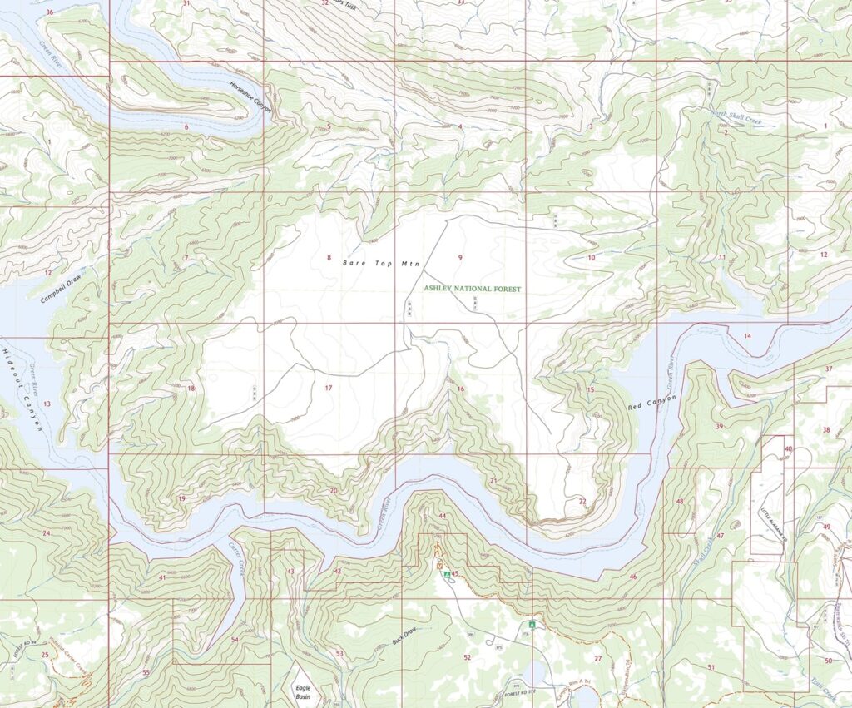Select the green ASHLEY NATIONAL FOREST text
(x=473, y=288)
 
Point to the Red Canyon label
(x=652, y=405)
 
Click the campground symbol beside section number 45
(x=447, y=574)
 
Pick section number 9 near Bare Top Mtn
(x=459, y=257)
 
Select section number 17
(x=328, y=388)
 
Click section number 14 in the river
(x=747, y=335)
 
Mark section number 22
(x=582, y=501)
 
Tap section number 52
(x=467, y=657)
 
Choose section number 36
(x=50, y=12)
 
